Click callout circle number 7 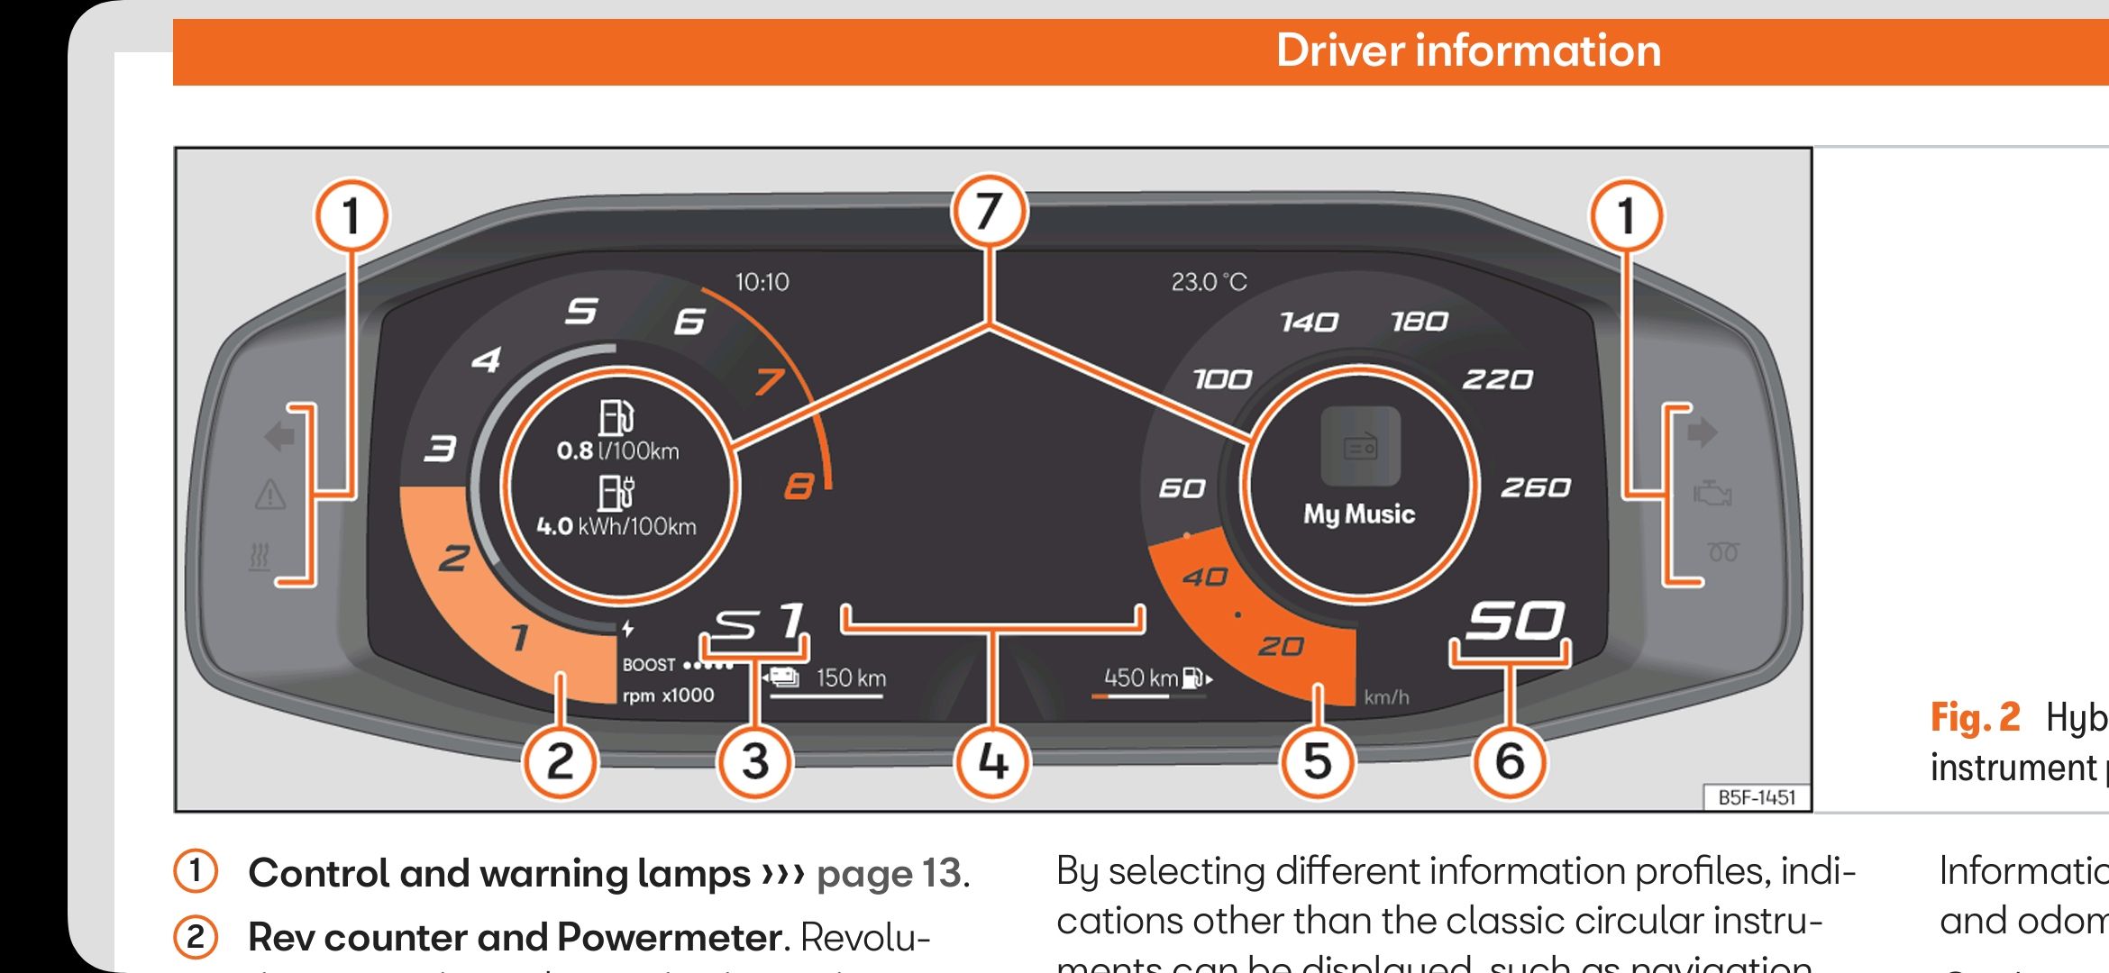pyautogui.click(x=989, y=213)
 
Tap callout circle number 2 pyautogui.click(x=560, y=762)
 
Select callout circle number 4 pyautogui.click(x=992, y=762)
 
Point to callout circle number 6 pyautogui.click(x=1510, y=762)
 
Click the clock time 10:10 pyautogui.click(x=762, y=283)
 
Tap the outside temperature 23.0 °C pyautogui.click(x=1209, y=283)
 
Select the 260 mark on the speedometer pyautogui.click(x=1535, y=487)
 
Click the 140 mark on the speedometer pyautogui.click(x=1309, y=322)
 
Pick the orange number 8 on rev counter pyautogui.click(x=799, y=487)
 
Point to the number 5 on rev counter pyautogui.click(x=581, y=312)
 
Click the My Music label pyautogui.click(x=1359, y=514)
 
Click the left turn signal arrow pyautogui.click(x=279, y=437)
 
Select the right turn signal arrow pyautogui.click(x=1702, y=432)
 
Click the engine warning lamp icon pyautogui.click(x=1712, y=494)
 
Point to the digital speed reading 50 pyautogui.click(x=1514, y=622)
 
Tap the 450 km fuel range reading pyautogui.click(x=1142, y=677)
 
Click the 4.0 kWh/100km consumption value pyautogui.click(x=616, y=526)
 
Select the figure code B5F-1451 pyautogui.click(x=1757, y=797)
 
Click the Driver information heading pyautogui.click(x=1468, y=50)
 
